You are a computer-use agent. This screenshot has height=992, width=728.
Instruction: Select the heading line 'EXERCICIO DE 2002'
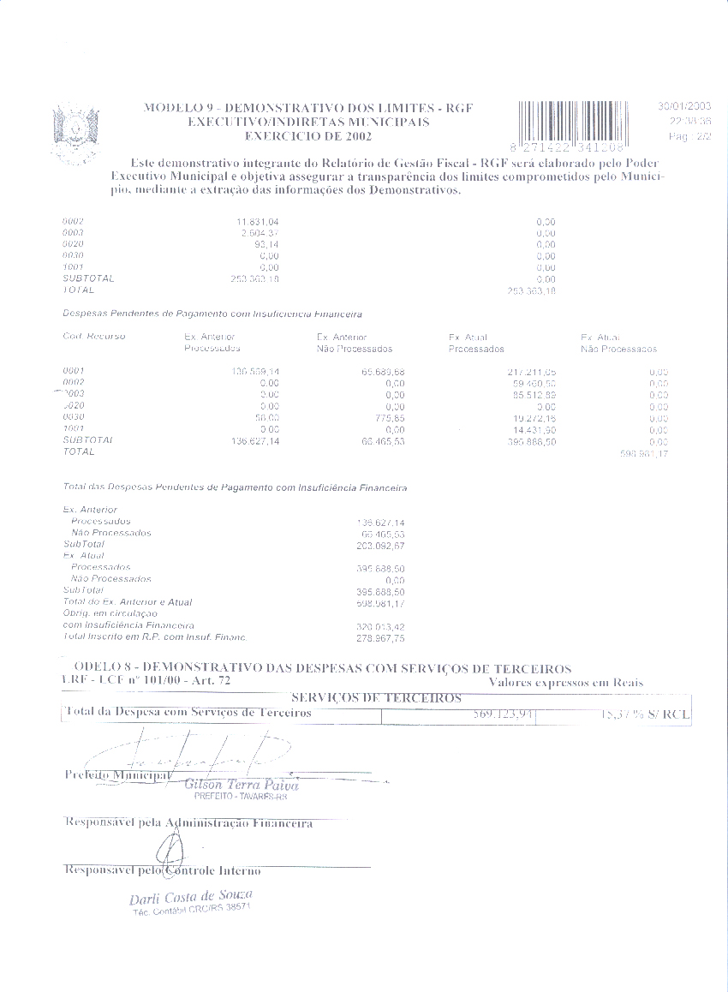pos(296,135)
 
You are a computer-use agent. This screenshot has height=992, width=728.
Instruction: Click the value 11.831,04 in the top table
pos(258,222)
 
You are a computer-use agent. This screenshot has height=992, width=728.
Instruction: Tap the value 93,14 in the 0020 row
pos(268,245)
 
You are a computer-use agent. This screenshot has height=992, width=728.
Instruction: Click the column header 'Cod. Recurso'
pos(94,337)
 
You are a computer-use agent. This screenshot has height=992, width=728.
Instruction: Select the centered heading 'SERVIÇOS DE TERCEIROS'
pos(377,698)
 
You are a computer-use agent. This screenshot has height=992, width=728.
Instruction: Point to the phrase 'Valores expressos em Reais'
pos(566,683)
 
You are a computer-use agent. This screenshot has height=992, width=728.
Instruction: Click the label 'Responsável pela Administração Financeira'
pos(189,823)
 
